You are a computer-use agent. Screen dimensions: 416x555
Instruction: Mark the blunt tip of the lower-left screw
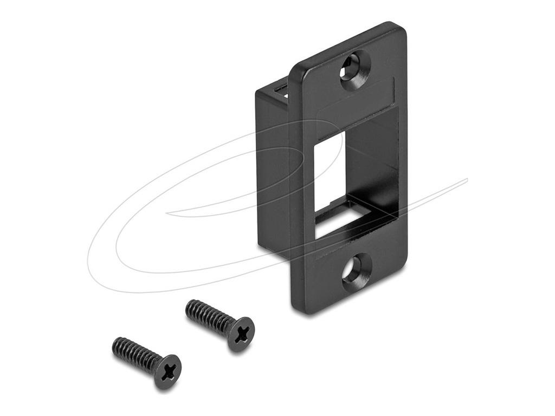coord(115,343)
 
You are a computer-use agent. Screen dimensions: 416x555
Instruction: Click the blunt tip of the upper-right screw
coord(189,305)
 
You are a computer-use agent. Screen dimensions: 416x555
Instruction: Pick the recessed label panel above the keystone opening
coord(356,100)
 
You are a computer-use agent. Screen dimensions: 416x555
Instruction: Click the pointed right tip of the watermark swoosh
coord(466,179)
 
